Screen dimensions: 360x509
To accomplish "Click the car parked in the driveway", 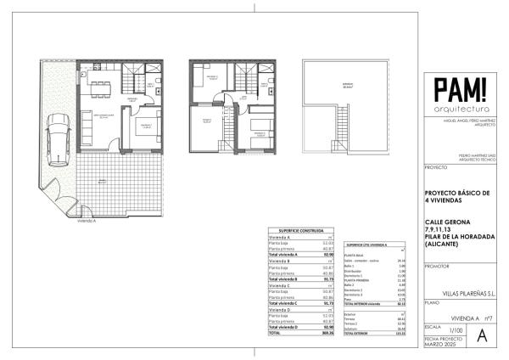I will pos(58,138).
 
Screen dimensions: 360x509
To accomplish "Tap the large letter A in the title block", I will pos(484,335).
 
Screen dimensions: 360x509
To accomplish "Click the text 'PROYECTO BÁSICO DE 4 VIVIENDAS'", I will pos(457,197).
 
